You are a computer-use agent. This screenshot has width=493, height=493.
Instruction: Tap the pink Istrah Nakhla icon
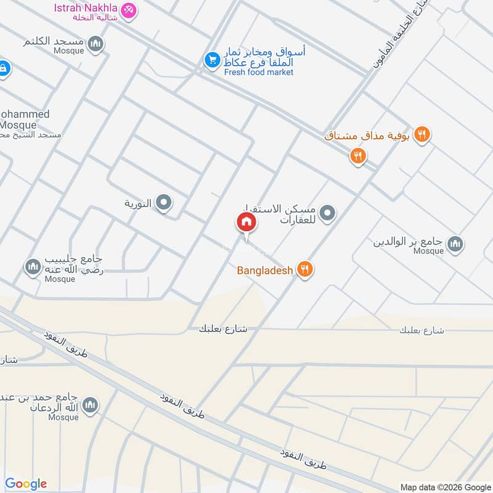(128, 10)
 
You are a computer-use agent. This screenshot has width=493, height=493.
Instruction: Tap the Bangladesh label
(265, 269)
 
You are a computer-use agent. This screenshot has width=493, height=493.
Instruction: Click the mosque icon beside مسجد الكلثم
(95, 44)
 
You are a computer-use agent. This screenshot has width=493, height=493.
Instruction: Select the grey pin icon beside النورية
(163, 202)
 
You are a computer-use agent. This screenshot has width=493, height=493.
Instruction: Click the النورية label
(138, 203)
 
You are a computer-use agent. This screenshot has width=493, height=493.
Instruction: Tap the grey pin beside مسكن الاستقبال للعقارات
(328, 214)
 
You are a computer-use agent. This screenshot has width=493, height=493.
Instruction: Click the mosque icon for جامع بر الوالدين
(455, 244)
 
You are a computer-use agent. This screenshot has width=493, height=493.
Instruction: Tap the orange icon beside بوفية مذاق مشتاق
(422, 134)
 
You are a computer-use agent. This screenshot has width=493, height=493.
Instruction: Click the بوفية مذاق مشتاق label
(367, 135)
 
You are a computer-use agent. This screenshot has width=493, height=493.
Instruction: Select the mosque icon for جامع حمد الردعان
(90, 405)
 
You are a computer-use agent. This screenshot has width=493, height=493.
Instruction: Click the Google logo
(26, 484)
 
